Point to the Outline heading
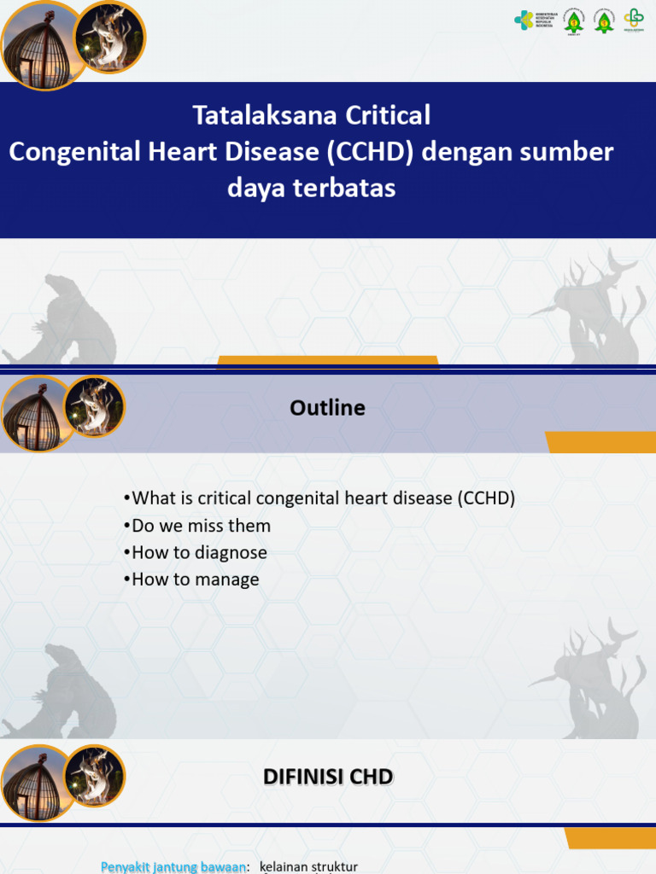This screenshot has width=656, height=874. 327,408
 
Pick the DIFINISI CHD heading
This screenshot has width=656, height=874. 327,777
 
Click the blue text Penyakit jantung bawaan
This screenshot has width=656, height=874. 174,867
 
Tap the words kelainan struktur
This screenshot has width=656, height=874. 308,867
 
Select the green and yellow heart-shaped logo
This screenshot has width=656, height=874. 633,20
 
